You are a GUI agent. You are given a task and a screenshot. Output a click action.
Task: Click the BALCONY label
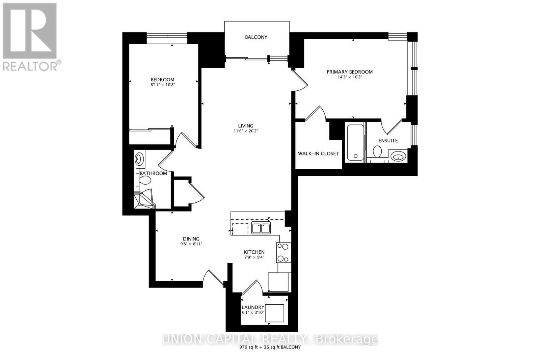[256, 37]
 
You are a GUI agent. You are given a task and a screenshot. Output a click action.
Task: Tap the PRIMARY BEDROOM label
[349, 72]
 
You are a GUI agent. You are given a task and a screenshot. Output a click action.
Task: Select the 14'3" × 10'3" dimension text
[349, 77]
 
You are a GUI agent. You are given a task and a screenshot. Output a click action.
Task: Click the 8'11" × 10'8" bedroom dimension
[163, 85]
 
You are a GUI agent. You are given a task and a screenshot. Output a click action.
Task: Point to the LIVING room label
[245, 126]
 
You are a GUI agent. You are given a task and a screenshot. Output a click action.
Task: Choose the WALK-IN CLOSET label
[318, 154]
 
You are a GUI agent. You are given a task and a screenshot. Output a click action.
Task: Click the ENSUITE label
[388, 140]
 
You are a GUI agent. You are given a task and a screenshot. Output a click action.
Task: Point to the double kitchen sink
[261, 228]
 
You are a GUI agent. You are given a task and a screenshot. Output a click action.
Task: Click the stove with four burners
[283, 253]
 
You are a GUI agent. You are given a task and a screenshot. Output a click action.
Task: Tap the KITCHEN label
[254, 252]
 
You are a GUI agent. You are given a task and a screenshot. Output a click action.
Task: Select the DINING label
[191, 239]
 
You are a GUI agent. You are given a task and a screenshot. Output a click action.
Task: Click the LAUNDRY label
[253, 307]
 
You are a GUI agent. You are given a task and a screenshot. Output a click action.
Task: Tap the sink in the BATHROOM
[139, 159]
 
